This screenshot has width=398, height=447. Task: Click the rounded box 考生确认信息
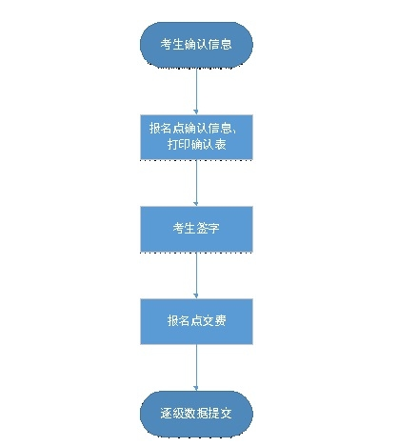196,45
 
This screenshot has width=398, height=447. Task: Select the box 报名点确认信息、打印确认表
196,137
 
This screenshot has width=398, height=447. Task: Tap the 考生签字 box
196,229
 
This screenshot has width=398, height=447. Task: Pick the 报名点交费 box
196,321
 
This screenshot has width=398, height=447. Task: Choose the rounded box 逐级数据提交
196,414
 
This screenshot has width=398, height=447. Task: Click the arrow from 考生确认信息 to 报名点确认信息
196,91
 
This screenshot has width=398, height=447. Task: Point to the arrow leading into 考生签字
196,183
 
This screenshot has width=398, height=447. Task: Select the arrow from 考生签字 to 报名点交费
196,275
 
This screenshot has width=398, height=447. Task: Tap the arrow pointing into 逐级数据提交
196,367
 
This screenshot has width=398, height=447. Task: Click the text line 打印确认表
197,145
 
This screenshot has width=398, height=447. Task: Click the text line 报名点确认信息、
192,128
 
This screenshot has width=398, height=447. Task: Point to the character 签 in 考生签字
202,228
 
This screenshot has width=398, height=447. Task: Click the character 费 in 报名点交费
221,320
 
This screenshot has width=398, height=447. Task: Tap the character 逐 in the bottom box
167,413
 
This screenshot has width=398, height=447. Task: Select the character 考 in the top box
167,44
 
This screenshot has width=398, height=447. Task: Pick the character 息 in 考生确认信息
227,44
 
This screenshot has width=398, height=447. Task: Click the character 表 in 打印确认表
221,145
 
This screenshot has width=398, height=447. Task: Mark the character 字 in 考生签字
214,228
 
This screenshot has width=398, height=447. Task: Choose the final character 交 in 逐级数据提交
227,413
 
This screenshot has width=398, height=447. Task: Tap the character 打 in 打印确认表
173,145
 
